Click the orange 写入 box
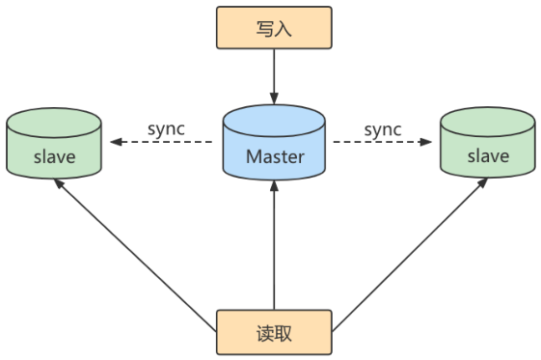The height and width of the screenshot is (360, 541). click(274, 28)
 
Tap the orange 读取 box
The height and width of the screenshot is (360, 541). click(274, 332)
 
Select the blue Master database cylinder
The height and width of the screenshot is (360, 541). click(274, 142)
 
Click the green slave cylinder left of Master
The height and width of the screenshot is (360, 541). click(54, 143)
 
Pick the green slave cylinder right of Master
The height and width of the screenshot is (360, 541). click(488, 142)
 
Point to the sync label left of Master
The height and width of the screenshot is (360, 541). click(166, 129)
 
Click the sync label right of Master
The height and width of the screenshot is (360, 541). click(383, 130)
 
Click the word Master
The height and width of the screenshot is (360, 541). click(275, 156)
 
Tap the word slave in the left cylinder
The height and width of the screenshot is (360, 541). click(55, 157)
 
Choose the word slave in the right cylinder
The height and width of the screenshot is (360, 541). click(488, 156)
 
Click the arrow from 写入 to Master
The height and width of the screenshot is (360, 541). click(274, 76)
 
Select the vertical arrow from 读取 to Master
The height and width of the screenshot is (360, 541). click(274, 245)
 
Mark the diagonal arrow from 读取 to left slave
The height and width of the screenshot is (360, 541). click(135, 256)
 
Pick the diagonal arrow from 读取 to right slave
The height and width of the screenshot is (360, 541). click(410, 255)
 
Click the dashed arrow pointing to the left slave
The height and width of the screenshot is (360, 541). click(161, 142)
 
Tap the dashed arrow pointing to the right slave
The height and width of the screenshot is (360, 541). click(382, 142)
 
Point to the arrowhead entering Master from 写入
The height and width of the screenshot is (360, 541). click(274, 98)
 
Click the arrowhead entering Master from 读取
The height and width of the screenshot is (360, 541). click(274, 186)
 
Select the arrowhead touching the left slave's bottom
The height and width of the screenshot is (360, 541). click(59, 183)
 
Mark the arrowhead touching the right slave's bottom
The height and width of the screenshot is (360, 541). click(483, 182)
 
